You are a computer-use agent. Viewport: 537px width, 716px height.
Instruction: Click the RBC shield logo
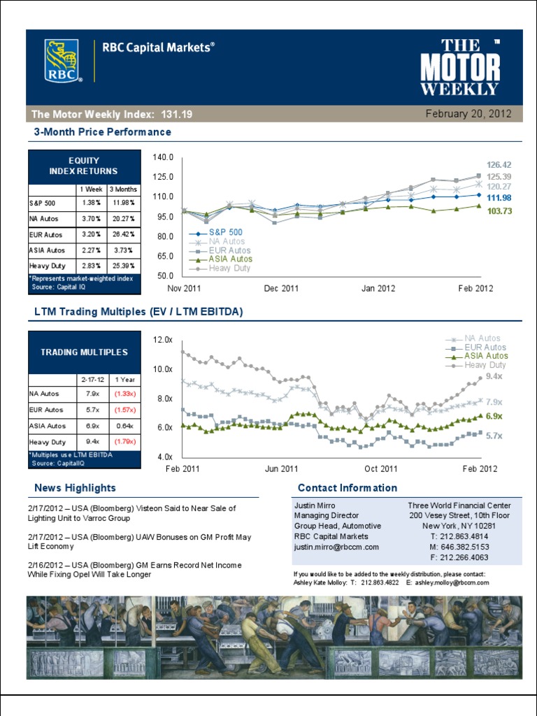pos(62,61)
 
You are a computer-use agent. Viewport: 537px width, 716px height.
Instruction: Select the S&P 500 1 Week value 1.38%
pos(92,203)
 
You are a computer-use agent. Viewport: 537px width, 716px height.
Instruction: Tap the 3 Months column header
pos(124,189)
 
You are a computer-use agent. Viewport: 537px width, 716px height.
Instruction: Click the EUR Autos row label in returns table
pos(46,234)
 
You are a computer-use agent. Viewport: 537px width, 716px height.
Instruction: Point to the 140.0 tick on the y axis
pos(163,157)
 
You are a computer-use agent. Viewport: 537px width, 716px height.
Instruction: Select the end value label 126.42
pos(499,165)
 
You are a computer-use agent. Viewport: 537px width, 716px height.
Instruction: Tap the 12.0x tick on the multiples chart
pos(162,339)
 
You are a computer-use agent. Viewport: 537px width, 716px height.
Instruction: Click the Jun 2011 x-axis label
pos(281,469)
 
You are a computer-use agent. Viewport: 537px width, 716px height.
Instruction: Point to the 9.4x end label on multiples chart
pos(494,376)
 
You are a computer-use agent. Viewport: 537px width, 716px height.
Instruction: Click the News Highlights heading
pos(75,488)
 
